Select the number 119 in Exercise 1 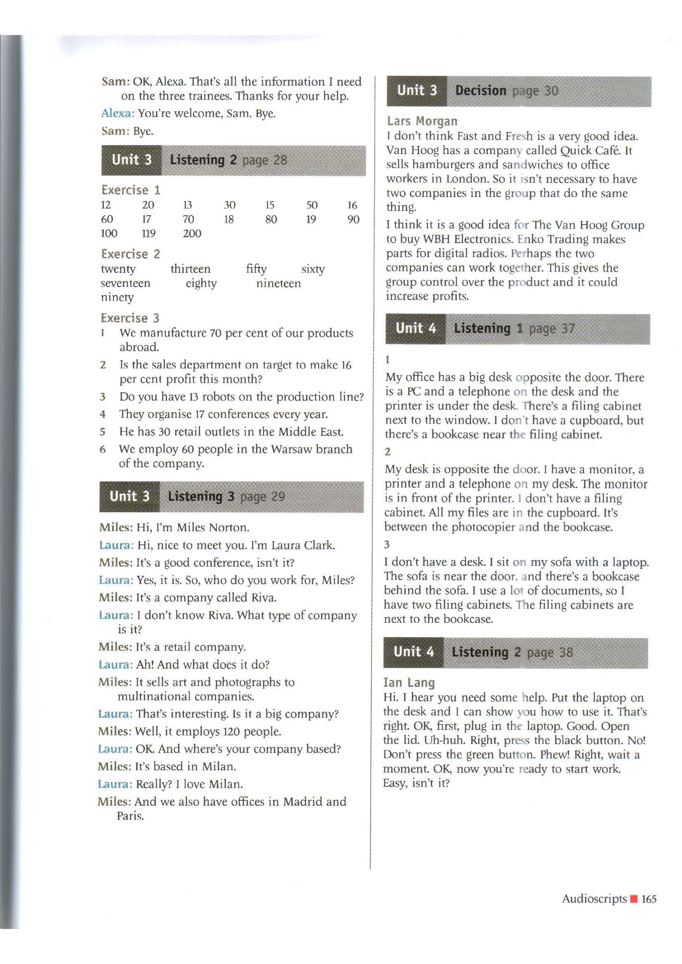click(x=148, y=233)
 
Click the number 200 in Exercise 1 click(x=192, y=233)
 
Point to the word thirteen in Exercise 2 click(x=190, y=269)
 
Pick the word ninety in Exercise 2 click(x=117, y=297)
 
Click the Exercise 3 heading click(x=130, y=318)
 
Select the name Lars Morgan click(x=422, y=121)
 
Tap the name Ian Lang click(x=409, y=683)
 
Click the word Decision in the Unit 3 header click(x=480, y=91)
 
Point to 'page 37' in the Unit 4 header click(x=551, y=329)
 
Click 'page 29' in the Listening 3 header click(x=263, y=497)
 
